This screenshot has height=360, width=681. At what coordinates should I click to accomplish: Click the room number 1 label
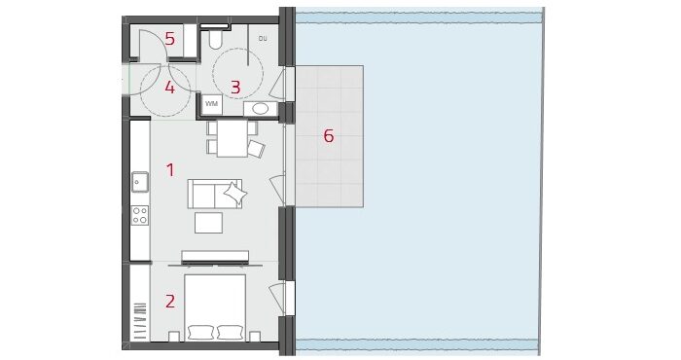(170, 170)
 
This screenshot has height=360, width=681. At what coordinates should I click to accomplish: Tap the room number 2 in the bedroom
(170, 301)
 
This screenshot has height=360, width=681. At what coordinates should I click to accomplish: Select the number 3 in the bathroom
(235, 88)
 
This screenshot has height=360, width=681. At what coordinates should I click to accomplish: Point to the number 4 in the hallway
(170, 88)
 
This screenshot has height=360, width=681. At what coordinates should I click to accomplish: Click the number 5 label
(170, 39)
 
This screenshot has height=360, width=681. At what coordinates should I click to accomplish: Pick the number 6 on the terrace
(329, 136)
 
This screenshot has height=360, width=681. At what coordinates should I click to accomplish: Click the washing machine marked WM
(211, 104)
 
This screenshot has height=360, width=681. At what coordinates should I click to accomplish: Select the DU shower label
(263, 39)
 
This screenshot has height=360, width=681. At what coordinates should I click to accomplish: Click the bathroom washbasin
(260, 109)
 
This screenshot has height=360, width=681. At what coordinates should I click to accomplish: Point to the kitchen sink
(140, 182)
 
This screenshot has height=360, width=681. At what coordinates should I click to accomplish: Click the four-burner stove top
(140, 215)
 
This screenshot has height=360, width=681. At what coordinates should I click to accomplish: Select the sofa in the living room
(215, 194)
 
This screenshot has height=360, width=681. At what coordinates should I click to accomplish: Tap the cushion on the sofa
(234, 193)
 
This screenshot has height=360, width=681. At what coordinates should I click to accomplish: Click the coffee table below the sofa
(208, 223)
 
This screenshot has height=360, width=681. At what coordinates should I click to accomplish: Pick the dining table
(233, 138)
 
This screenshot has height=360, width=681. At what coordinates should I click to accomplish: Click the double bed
(215, 307)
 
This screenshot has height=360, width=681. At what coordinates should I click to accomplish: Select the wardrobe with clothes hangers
(140, 303)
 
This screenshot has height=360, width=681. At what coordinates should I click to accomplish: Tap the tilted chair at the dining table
(256, 149)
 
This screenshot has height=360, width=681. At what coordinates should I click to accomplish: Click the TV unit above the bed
(215, 257)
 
